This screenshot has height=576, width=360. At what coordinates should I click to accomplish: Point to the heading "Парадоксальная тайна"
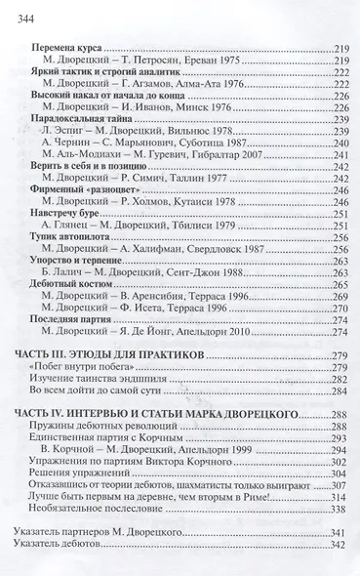pos(80,119)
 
